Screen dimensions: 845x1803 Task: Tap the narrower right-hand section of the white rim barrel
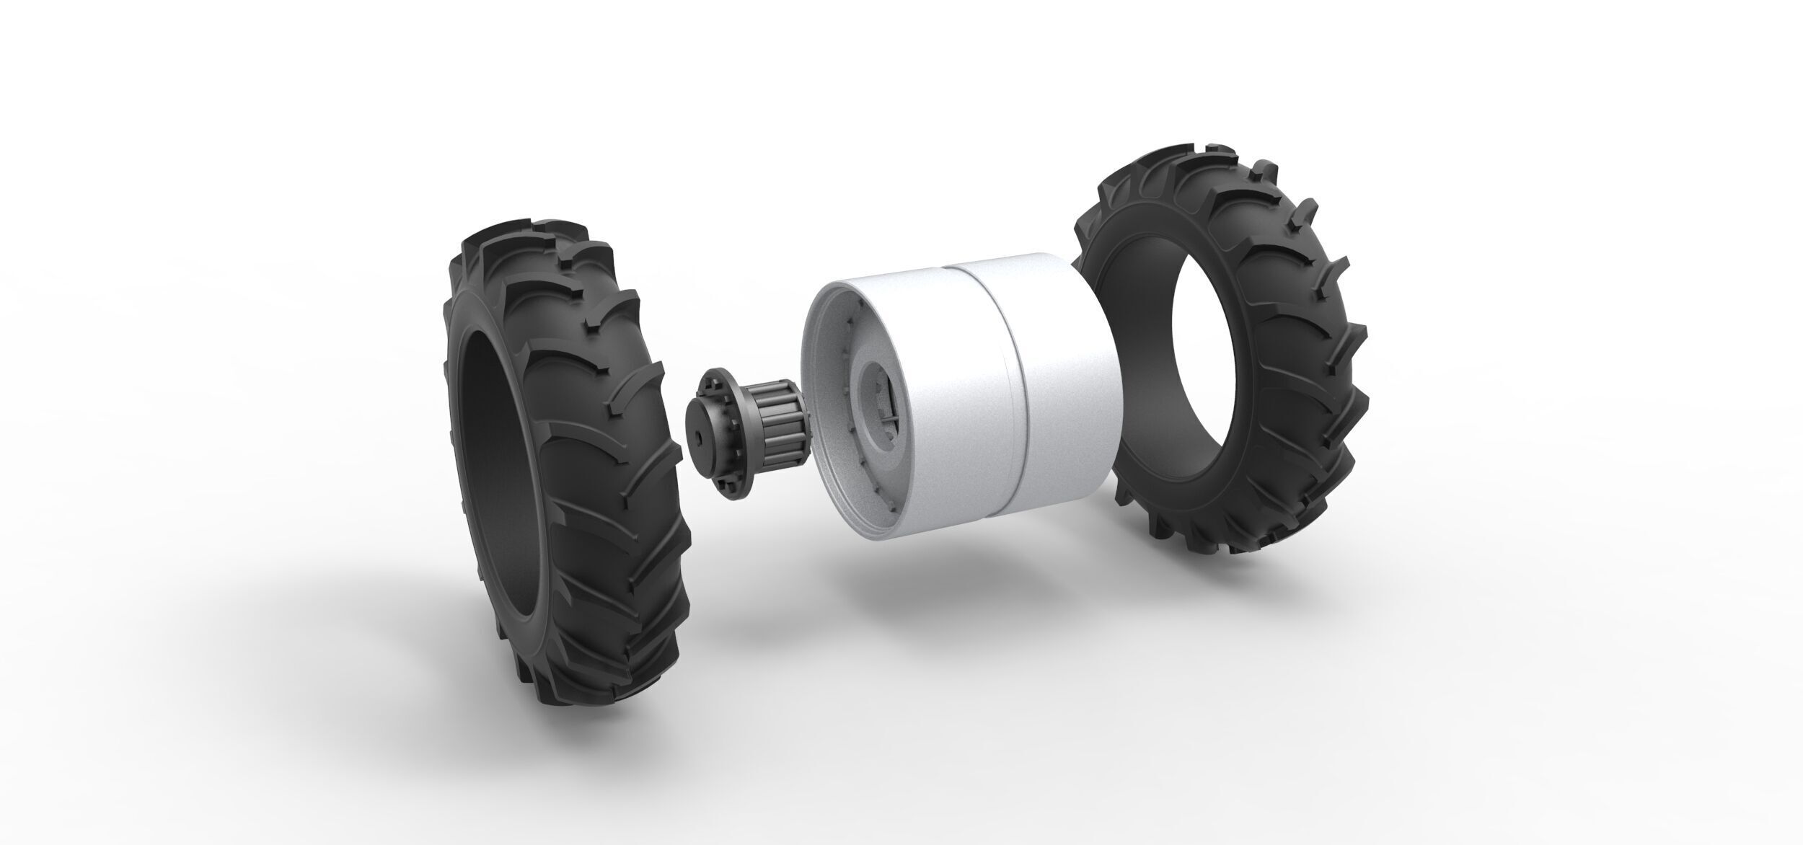coord(1067,375)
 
